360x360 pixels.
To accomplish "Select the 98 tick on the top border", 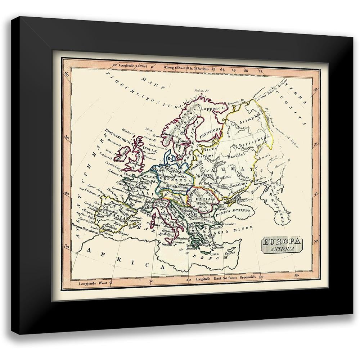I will click(x=257, y=71).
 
